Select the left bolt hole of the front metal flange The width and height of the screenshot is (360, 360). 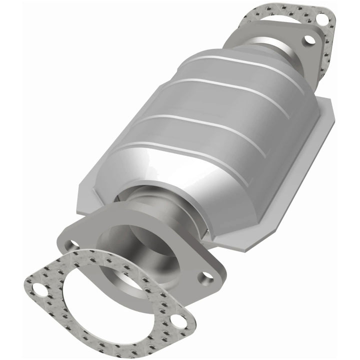point(73,245)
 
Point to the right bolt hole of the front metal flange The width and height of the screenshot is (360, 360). point(205,275)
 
